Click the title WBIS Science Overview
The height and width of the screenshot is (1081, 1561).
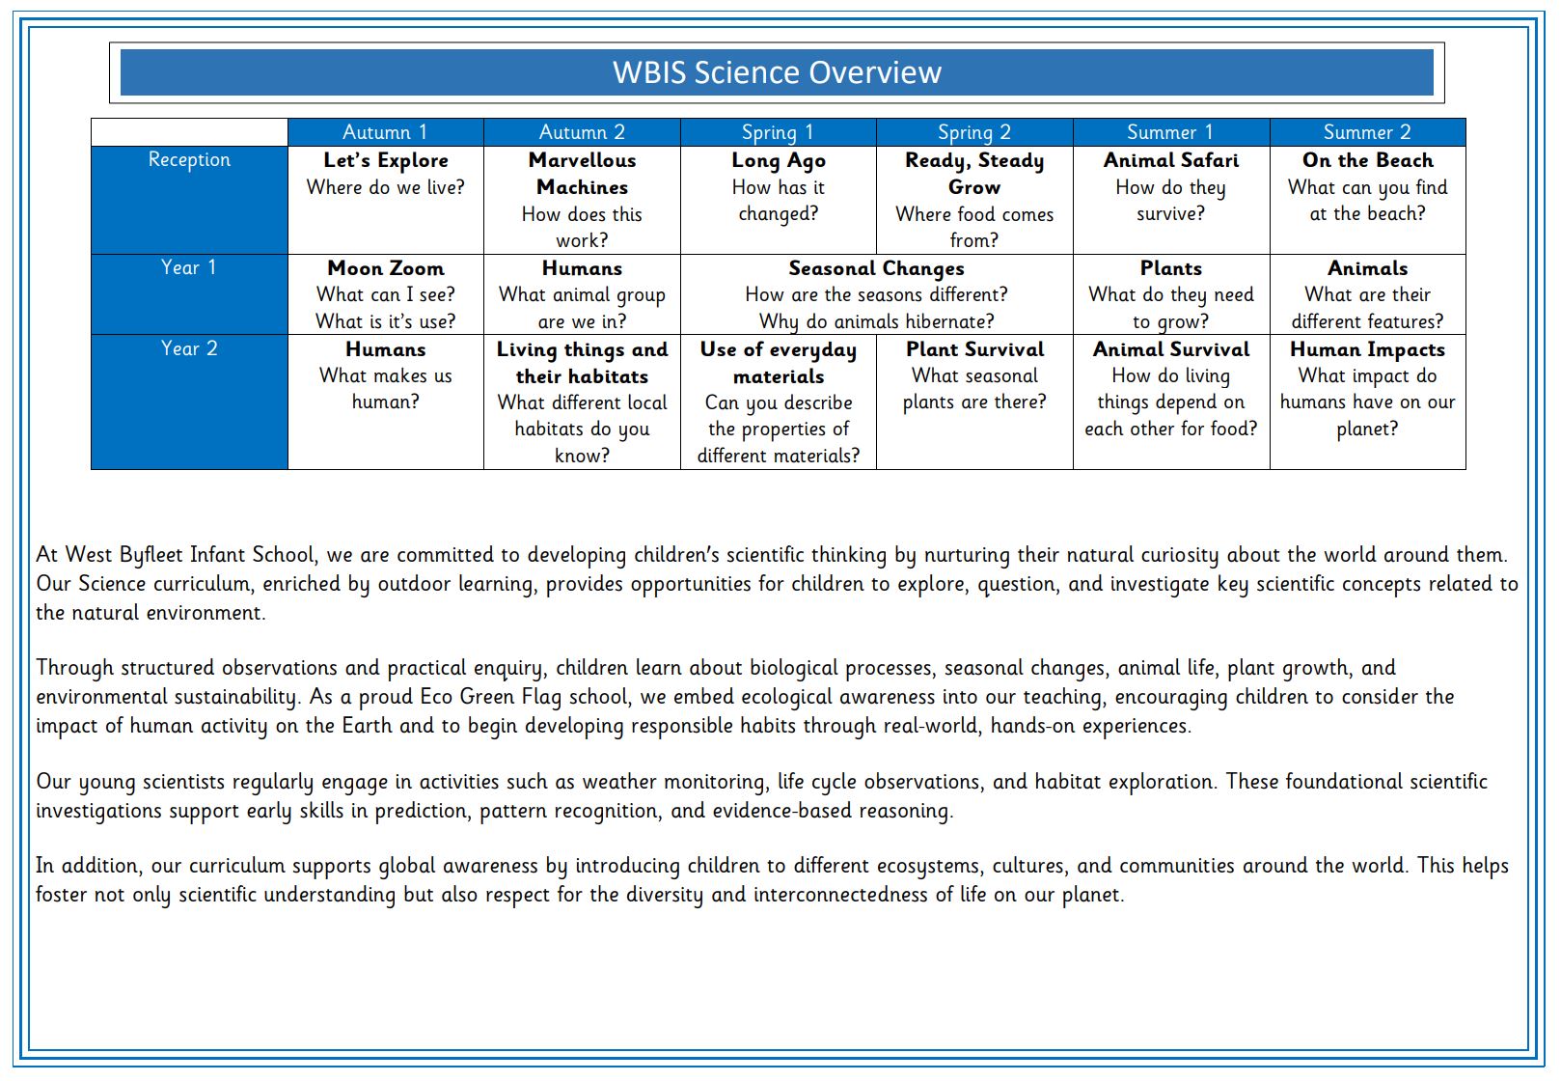(x=777, y=72)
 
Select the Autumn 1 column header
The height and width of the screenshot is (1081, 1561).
(x=385, y=132)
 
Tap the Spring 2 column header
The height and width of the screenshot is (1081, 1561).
(x=974, y=132)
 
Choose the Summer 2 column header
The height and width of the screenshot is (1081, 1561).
(x=1367, y=132)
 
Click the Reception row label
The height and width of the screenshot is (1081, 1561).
(x=189, y=159)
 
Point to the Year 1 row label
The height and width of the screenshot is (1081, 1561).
(x=189, y=267)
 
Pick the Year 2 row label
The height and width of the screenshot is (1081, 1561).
(x=189, y=348)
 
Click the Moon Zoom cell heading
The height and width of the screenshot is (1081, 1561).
(x=385, y=268)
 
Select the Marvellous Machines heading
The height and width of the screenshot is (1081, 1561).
(x=582, y=174)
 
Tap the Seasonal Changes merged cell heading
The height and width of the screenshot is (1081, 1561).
(x=876, y=268)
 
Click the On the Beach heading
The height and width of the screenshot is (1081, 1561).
(x=1367, y=160)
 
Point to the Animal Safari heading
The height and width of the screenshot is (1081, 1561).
(x=1171, y=160)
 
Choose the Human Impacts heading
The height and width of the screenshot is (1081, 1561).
(x=1367, y=349)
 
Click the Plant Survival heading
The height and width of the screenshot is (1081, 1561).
(x=974, y=349)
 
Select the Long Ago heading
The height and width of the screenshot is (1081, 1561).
(x=778, y=160)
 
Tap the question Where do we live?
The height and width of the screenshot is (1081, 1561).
(x=385, y=187)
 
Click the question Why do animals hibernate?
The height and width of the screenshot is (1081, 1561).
(x=876, y=321)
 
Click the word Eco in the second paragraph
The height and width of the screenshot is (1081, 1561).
(x=436, y=697)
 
